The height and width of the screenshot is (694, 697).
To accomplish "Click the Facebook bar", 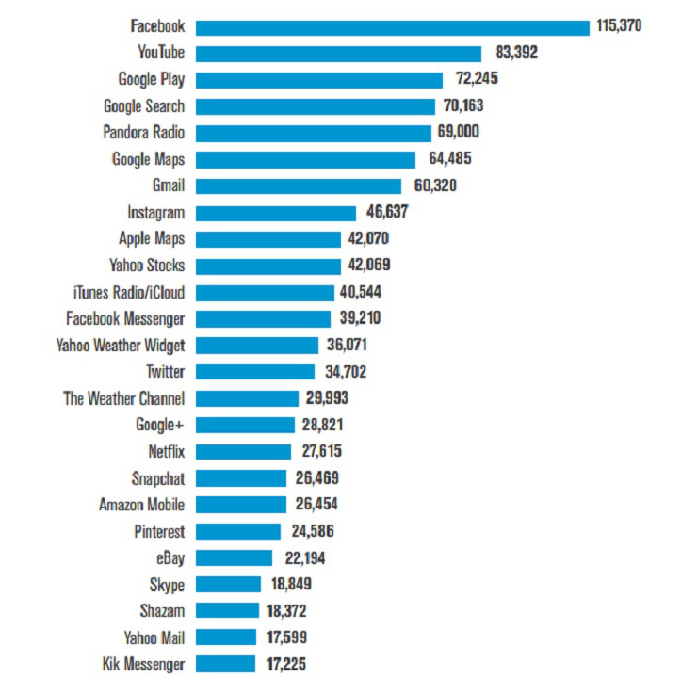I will point(392,26).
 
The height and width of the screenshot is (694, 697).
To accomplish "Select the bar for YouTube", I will point(338,53).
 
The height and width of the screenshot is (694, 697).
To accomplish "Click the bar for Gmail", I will point(298,186).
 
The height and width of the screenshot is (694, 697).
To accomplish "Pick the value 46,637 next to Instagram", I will point(387,213).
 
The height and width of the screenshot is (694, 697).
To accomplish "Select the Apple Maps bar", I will point(267,239).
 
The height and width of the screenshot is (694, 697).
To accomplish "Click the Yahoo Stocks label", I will point(147,266).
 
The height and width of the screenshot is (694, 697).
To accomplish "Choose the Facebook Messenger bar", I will point(263,318).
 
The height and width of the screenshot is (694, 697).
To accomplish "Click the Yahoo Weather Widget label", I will point(121,345).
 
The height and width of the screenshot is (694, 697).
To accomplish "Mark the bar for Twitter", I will point(254,372).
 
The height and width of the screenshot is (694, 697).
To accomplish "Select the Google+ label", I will point(160,425).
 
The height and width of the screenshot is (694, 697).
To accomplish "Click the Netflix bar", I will point(244,451).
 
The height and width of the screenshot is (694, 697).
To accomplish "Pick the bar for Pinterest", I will point(237,531).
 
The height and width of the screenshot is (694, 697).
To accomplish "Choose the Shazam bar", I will point(227,611).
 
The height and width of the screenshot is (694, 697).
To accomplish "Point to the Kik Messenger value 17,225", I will point(284,664).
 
